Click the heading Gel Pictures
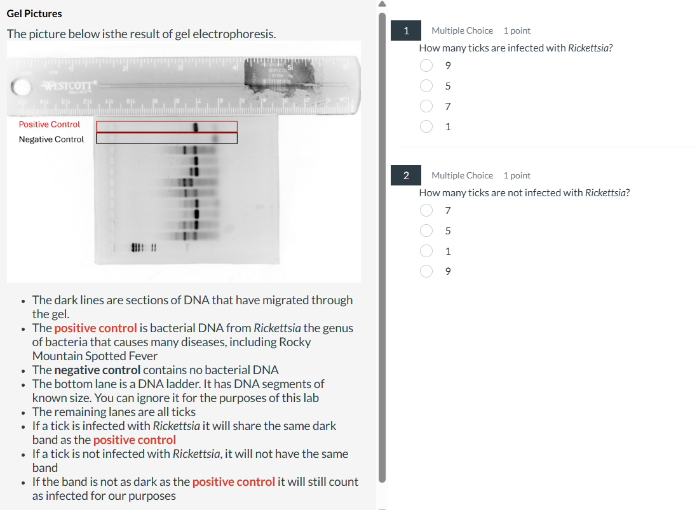(34, 13)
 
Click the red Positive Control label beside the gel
(50, 124)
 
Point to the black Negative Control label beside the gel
(51, 139)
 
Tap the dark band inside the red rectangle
(196, 127)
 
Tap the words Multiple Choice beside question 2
(462, 175)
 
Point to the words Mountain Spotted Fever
(95, 356)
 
